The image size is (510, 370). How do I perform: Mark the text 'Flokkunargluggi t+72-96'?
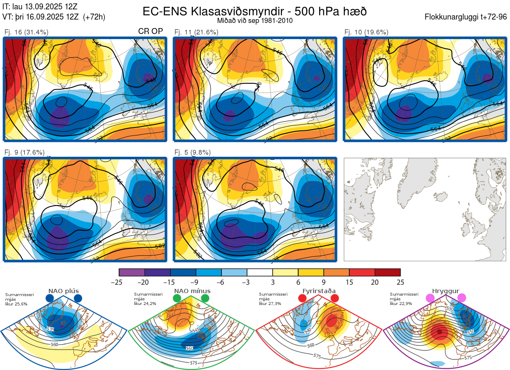[x=466, y=17]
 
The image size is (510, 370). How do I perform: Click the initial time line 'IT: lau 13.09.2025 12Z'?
[x=40, y=7]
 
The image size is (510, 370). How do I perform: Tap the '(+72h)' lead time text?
[x=94, y=17]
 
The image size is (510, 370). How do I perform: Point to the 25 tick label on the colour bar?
[x=400, y=282]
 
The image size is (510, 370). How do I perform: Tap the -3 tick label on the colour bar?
[x=247, y=282]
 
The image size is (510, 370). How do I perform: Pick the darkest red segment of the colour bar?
[x=388, y=272]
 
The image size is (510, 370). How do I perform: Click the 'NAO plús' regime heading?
[x=63, y=291]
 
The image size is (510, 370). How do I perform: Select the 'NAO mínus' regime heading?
[x=192, y=291]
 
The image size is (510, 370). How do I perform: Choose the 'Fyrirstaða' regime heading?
[x=319, y=291]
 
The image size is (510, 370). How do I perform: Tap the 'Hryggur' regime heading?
[x=445, y=291]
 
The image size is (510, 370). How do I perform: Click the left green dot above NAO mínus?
[x=177, y=299]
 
